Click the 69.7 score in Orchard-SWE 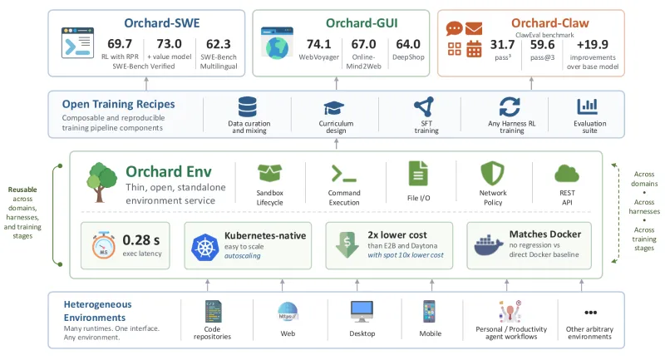click(120, 44)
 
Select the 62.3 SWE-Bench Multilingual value click(219, 44)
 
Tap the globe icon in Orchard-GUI click(277, 47)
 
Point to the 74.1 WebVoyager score click(318, 44)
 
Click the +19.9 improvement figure click(593, 44)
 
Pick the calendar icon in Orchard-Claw click(474, 49)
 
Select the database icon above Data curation click(248, 107)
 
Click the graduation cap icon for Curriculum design click(334, 108)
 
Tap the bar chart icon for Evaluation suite click(588, 106)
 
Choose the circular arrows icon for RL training click(510, 106)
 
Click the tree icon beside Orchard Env click(101, 182)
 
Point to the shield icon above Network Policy click(492, 173)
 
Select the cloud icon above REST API click(567, 174)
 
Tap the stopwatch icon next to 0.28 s click(103, 245)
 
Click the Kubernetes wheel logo click(204, 247)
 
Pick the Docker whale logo click(489, 245)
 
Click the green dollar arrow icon click(347, 244)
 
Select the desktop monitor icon click(362, 312)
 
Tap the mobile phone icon click(429, 312)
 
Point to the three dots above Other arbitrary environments click(590, 313)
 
